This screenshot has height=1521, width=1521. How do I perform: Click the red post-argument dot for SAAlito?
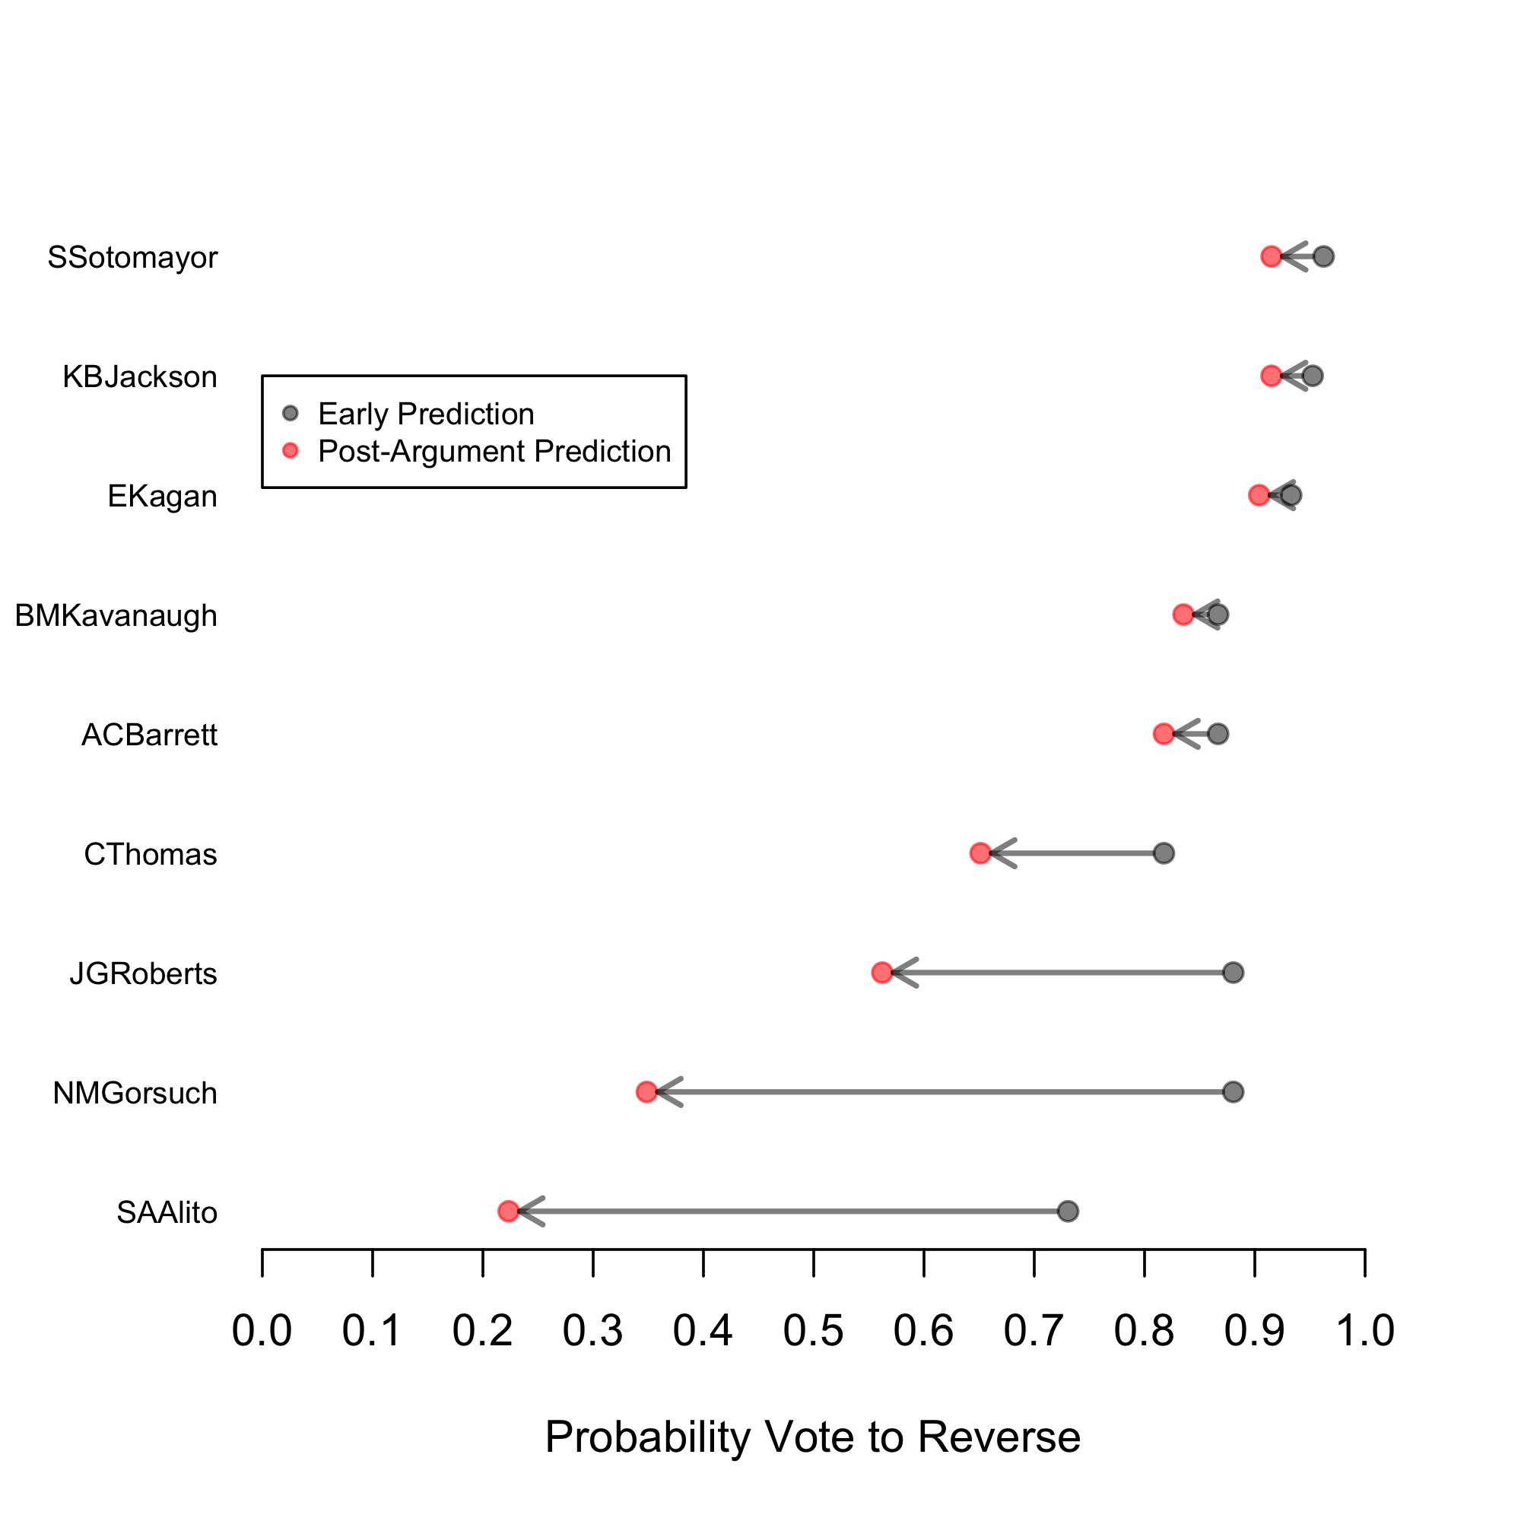(x=509, y=1211)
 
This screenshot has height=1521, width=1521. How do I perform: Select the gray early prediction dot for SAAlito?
(x=1068, y=1211)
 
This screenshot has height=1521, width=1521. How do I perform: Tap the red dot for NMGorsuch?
(x=646, y=1092)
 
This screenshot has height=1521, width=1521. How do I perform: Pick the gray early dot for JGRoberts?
(x=1233, y=972)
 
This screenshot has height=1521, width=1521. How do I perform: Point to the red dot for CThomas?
(x=980, y=853)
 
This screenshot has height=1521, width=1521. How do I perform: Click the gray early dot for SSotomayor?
(x=1323, y=256)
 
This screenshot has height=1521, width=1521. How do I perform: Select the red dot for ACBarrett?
(x=1164, y=734)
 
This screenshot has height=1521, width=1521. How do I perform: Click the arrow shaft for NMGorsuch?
(x=945, y=1092)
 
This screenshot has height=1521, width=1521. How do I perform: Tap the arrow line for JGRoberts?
(x=1063, y=972)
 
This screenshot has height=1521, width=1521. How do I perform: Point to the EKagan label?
(x=162, y=497)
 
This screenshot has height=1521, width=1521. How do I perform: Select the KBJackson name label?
(x=139, y=377)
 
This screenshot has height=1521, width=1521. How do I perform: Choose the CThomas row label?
(x=151, y=854)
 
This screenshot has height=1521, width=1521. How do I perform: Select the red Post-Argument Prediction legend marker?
(x=291, y=450)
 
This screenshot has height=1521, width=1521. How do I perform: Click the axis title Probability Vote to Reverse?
(x=812, y=1437)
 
